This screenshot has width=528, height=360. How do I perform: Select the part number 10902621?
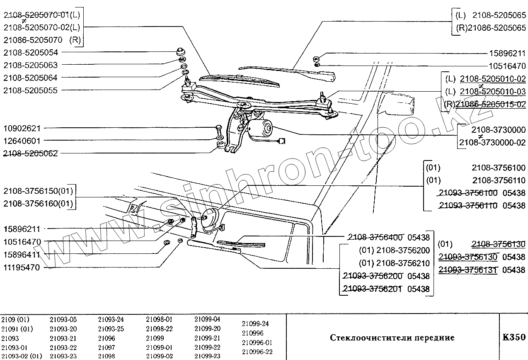coord(28,129)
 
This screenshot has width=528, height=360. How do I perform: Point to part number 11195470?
coord(27,268)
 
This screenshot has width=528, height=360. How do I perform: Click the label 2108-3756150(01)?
coord(38,191)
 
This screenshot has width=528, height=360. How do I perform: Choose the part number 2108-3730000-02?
coord(492,143)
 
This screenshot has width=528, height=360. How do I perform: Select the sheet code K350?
coord(513,337)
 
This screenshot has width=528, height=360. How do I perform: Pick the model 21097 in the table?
coord(107,347)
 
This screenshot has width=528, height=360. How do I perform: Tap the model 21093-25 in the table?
coord(111,329)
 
